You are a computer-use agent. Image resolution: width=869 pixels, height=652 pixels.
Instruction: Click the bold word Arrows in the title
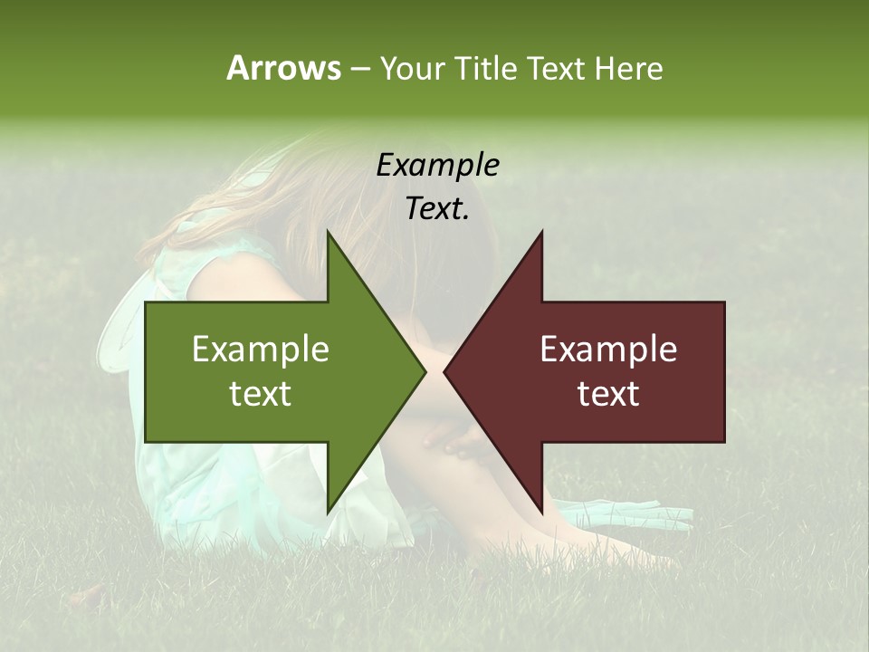pyautogui.click(x=283, y=68)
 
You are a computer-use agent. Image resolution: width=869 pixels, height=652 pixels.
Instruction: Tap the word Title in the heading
pyautogui.click(x=486, y=68)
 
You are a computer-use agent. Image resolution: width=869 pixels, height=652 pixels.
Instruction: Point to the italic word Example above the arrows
pyautogui.click(x=437, y=165)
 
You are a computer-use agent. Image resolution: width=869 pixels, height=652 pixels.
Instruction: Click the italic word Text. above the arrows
pyautogui.click(x=437, y=208)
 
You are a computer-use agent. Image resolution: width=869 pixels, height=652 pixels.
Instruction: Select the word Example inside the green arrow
pyautogui.click(x=261, y=350)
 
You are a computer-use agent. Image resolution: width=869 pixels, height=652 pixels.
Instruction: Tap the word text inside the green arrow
pyautogui.click(x=261, y=394)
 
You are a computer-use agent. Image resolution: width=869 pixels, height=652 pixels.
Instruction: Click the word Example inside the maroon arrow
pyautogui.click(x=608, y=350)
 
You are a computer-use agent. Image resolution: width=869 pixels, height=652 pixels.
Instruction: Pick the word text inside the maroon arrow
pyautogui.click(x=608, y=394)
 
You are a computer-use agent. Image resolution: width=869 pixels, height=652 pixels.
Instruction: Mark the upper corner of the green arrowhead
pyautogui.click(x=328, y=233)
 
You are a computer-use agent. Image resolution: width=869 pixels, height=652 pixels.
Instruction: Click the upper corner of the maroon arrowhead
pyautogui.click(x=541, y=233)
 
